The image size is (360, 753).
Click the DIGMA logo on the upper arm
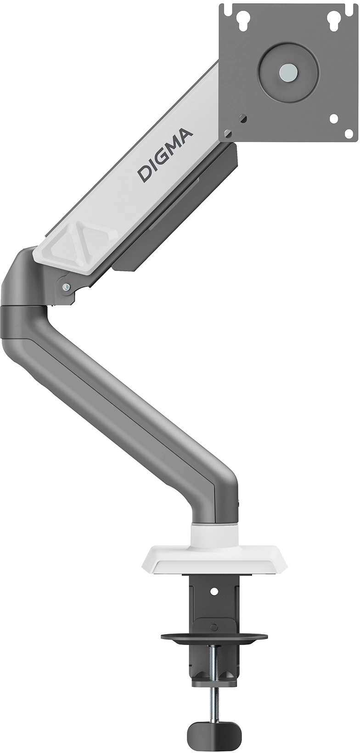click(166, 154)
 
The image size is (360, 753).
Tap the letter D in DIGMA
click(145, 174)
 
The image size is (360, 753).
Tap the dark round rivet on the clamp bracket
click(213, 627)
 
